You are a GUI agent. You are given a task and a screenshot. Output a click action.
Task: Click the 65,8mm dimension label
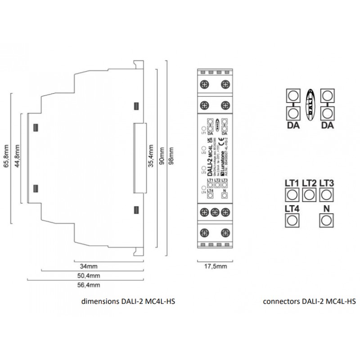point(6,156)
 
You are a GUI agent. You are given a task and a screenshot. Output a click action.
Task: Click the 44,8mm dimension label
point(17,156)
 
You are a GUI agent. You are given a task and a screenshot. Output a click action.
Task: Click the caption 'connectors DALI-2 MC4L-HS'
point(309,301)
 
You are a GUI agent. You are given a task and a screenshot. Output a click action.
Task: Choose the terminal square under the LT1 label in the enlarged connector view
point(292,195)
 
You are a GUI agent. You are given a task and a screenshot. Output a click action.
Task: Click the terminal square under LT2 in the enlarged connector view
point(309,195)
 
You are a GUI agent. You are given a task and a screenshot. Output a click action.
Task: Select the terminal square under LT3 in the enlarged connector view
point(326,195)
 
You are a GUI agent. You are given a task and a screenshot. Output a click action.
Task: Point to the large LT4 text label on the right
point(292,208)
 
